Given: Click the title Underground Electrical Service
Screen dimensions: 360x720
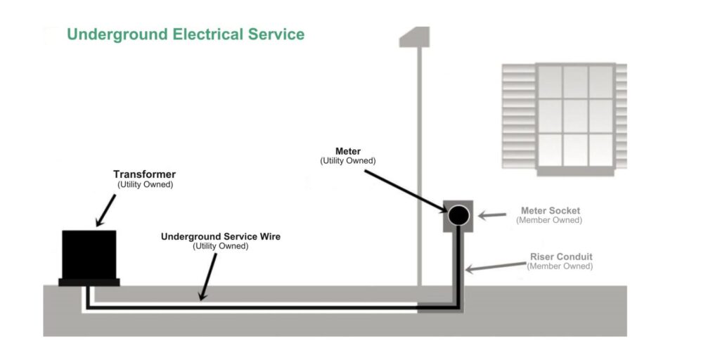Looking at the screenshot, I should (186, 34).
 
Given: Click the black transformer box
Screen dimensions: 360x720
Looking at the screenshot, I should (89, 255).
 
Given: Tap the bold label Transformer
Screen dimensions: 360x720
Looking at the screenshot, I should (144, 174).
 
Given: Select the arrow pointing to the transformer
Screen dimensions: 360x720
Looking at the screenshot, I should (106, 210).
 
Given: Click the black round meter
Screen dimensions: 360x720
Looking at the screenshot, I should (458, 215).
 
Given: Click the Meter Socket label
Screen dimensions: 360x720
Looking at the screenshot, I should (550, 210).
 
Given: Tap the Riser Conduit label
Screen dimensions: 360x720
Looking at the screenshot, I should (561, 257).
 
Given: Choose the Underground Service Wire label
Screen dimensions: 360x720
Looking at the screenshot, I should (220, 237).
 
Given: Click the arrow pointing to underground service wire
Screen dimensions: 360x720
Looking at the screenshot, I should (207, 276).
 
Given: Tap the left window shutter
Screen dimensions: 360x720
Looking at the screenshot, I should (519, 115).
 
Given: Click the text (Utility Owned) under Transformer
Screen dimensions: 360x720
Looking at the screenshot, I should (144, 184).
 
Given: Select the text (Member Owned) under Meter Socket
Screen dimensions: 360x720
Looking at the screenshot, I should (549, 220).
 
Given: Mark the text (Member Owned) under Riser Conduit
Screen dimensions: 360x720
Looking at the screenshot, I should (560, 266).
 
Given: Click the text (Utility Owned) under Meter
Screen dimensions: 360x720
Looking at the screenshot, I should (347, 161).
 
